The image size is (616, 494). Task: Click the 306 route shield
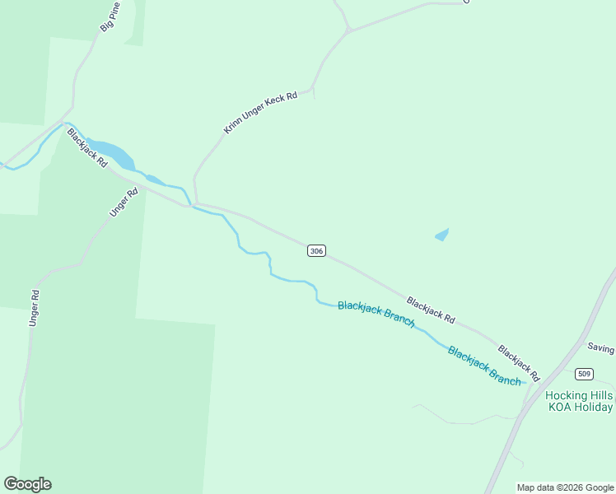click(316, 250)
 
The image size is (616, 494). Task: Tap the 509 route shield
click(585, 373)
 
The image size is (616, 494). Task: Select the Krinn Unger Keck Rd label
click(259, 114)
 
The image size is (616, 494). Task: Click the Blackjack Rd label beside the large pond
click(87, 148)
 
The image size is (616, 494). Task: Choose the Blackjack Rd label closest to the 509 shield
click(519, 363)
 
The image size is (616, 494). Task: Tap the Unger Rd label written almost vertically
click(35, 307)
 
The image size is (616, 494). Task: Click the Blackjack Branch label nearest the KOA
click(484, 366)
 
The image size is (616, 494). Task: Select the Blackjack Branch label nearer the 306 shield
click(376, 314)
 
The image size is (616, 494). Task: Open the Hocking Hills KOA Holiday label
click(580, 401)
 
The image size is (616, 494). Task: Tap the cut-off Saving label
click(600, 348)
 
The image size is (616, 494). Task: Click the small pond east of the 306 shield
click(442, 235)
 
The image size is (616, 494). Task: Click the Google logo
click(27, 484)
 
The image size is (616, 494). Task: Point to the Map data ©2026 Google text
click(566, 487)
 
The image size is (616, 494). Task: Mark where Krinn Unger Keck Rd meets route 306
click(196, 203)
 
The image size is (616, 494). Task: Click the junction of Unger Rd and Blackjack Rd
click(142, 187)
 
